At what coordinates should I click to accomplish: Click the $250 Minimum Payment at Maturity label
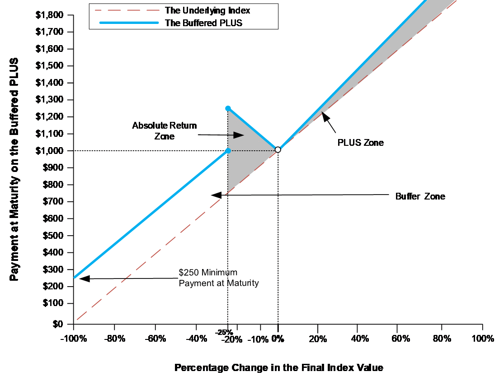pyautogui.click(x=219, y=278)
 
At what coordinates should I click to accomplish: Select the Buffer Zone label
pyautogui.click(x=420, y=196)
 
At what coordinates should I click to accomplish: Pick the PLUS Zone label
pyautogui.click(x=361, y=143)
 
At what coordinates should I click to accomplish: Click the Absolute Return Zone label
pyautogui.click(x=165, y=131)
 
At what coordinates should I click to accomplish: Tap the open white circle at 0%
pyautogui.click(x=278, y=150)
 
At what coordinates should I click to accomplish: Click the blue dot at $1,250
pyautogui.click(x=228, y=108)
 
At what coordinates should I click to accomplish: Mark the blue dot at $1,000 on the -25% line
pyautogui.click(x=228, y=151)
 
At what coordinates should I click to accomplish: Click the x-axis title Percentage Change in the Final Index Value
pyautogui.click(x=278, y=367)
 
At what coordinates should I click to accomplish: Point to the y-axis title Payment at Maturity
pyautogui.click(x=14, y=169)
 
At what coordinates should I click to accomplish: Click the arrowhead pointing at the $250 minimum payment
pyautogui.click(x=82, y=279)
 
